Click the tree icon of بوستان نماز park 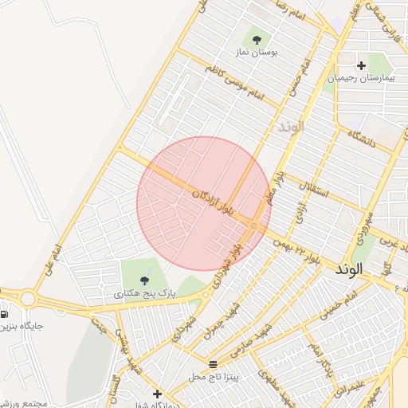[x=257, y=37]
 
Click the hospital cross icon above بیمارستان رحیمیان [x=362, y=65]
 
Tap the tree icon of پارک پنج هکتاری [x=144, y=280]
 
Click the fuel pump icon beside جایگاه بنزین [x=6, y=312]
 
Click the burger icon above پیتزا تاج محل [x=212, y=363]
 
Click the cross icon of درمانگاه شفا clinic [x=157, y=394]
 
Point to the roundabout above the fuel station [x=29, y=299]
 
